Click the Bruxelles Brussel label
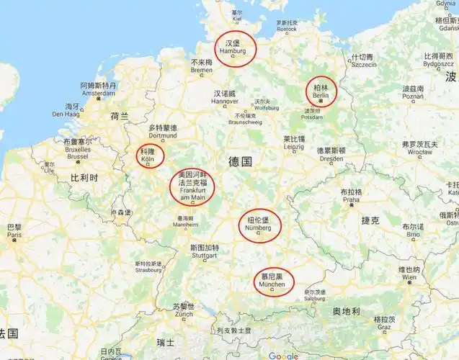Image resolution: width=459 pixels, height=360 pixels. click(77, 152)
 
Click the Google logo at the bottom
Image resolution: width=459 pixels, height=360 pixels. click(283, 355)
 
